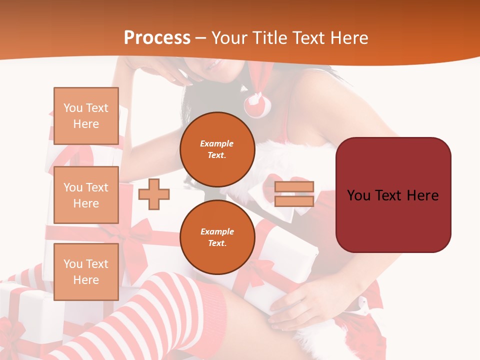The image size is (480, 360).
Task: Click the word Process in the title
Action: point(157,37)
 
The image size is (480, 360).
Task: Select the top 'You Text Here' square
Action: point(86,116)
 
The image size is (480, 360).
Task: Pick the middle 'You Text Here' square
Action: point(86,195)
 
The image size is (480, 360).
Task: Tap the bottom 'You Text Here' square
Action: point(86,272)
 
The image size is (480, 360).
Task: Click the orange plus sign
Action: point(154,194)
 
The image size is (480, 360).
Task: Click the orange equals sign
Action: point(294,194)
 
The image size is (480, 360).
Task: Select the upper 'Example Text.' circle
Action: point(217,149)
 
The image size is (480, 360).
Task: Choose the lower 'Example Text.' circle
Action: point(217,237)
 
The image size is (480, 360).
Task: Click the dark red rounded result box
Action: point(393,195)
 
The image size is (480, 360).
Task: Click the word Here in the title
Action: point(348,37)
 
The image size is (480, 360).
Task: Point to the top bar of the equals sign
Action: point(294,187)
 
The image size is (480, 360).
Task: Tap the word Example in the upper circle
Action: point(217,143)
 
